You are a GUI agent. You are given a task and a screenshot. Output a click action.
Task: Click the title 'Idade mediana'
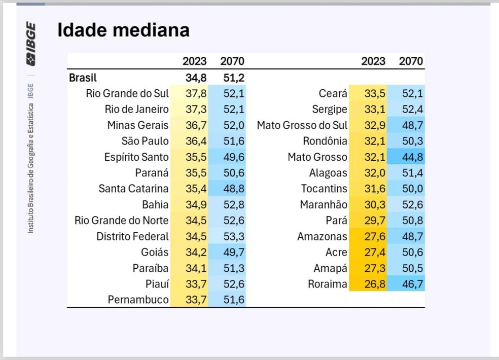click(123, 30)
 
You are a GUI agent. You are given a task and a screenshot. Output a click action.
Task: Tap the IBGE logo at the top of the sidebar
click(31, 44)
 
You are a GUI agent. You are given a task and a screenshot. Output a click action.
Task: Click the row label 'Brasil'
click(83, 78)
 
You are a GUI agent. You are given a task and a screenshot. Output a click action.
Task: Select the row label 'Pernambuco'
click(138, 300)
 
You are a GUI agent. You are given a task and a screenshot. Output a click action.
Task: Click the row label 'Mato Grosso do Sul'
click(302, 125)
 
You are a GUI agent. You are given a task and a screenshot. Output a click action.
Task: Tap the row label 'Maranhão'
click(324, 205)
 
